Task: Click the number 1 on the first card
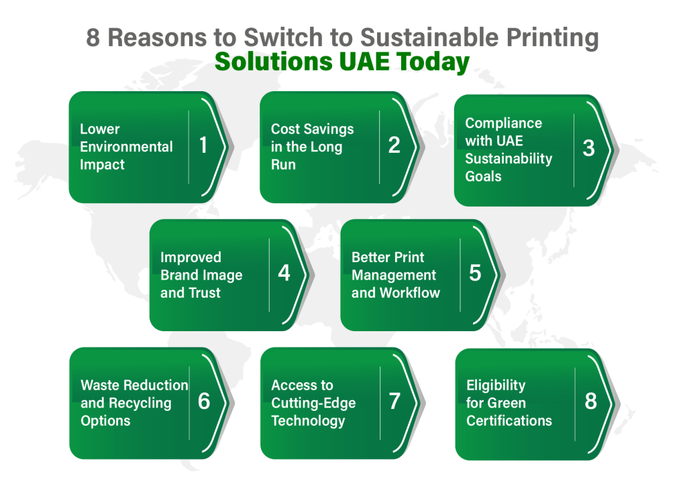pyautogui.click(x=203, y=145)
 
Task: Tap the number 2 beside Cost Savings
pyautogui.click(x=394, y=145)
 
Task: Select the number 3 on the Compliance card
pyautogui.click(x=589, y=148)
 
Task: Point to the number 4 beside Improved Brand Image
pyautogui.click(x=284, y=273)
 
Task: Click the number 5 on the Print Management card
pyautogui.click(x=476, y=273)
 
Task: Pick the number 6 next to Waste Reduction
pyautogui.click(x=204, y=401)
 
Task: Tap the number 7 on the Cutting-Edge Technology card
pyautogui.click(x=394, y=401)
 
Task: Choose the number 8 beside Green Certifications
pyautogui.click(x=590, y=401)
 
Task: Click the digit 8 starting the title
pyautogui.click(x=93, y=38)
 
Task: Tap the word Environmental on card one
pyautogui.click(x=126, y=147)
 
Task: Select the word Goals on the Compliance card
pyautogui.click(x=483, y=176)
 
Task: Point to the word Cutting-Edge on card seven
pyautogui.click(x=314, y=404)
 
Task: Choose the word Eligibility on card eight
pyautogui.click(x=496, y=386)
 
